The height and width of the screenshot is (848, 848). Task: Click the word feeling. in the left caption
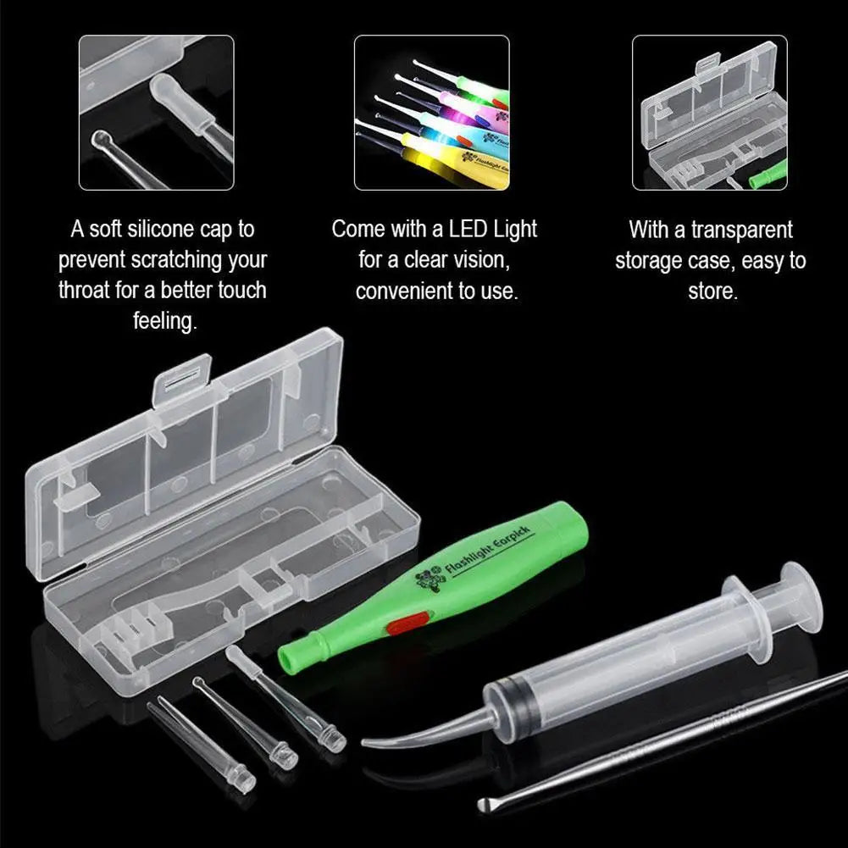tap(164, 321)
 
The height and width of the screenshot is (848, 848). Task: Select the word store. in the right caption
tap(712, 291)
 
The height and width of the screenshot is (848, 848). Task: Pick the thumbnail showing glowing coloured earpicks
tap(431, 112)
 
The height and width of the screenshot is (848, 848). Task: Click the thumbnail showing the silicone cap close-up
tap(157, 112)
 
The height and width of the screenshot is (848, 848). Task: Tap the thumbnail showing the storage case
tap(710, 112)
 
